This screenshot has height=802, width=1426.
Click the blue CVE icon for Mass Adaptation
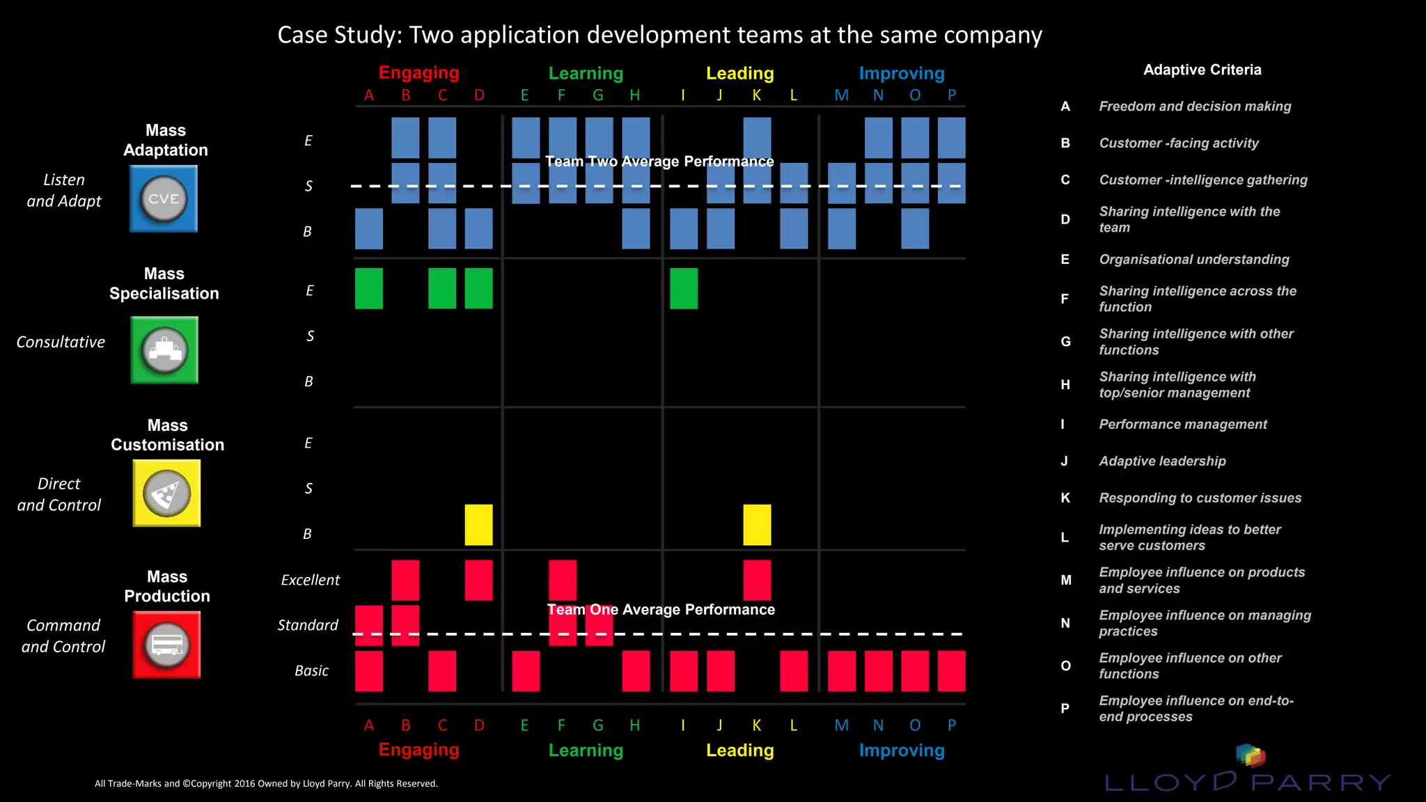[164, 199]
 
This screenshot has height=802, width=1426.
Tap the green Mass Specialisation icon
[164, 350]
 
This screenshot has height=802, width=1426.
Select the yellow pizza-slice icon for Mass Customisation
[166, 493]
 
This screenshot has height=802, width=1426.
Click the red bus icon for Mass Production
[166, 645]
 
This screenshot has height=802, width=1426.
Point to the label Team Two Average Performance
[659, 162]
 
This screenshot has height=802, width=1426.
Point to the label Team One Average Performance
[660, 610]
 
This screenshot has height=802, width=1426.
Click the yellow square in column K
[757, 525]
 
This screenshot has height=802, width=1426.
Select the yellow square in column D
[478, 525]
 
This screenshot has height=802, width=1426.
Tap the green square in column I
[683, 288]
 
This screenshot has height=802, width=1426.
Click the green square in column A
[368, 288]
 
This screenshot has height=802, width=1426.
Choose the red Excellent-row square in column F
[562, 580]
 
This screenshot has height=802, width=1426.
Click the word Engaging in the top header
[418, 73]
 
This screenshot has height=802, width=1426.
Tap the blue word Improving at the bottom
[901, 750]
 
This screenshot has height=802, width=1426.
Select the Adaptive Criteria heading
[1202, 70]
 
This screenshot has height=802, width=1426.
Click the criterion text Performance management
[1182, 425]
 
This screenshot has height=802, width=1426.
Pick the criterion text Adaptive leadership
[1162, 462]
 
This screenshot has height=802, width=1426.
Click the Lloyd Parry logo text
[1246, 782]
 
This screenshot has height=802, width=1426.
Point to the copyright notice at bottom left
[266, 784]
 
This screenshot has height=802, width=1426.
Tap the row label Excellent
[310, 580]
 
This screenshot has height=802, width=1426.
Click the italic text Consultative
[61, 343]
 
